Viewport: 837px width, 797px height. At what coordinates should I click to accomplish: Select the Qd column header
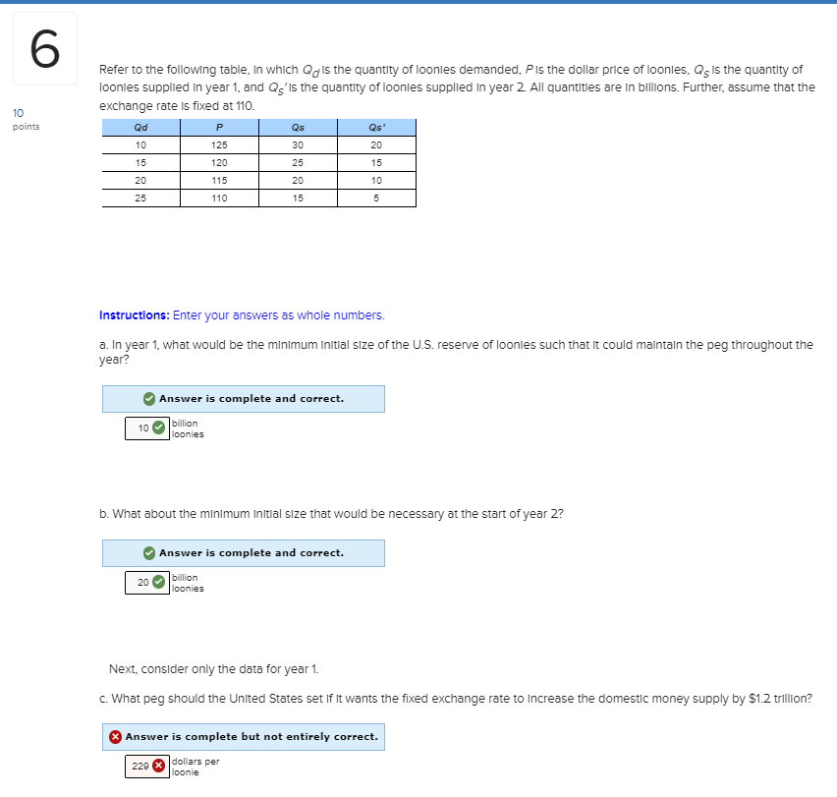pos(140,128)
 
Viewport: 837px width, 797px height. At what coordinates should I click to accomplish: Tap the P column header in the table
pos(219,128)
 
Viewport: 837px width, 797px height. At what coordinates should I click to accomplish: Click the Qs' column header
pos(376,128)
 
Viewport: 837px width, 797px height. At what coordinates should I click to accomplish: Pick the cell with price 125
pos(219,145)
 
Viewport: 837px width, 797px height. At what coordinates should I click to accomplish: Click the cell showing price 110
pos(219,198)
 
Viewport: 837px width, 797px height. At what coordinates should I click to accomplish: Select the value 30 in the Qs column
pos(298,145)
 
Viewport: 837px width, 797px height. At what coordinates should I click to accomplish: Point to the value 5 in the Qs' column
pos(376,198)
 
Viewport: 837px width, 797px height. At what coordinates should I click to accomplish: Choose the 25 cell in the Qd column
pos(140,198)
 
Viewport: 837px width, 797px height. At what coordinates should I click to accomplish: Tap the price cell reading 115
pos(219,180)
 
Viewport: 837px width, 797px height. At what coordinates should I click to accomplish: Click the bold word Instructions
pos(134,315)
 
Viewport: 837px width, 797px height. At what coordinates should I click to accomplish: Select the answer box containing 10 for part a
pos(143,428)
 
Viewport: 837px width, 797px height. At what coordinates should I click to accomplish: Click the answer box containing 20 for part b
pos(143,583)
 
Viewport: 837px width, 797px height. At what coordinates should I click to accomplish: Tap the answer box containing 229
pos(141,767)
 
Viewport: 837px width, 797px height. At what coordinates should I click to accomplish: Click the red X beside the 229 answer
pos(159,767)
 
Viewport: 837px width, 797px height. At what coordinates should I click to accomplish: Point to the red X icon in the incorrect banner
pos(116,736)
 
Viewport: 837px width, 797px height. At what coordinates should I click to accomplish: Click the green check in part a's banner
pos(148,398)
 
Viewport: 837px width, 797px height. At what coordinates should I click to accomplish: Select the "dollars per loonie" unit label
pos(195,767)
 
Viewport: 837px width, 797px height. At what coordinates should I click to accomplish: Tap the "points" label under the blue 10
pos(26,127)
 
